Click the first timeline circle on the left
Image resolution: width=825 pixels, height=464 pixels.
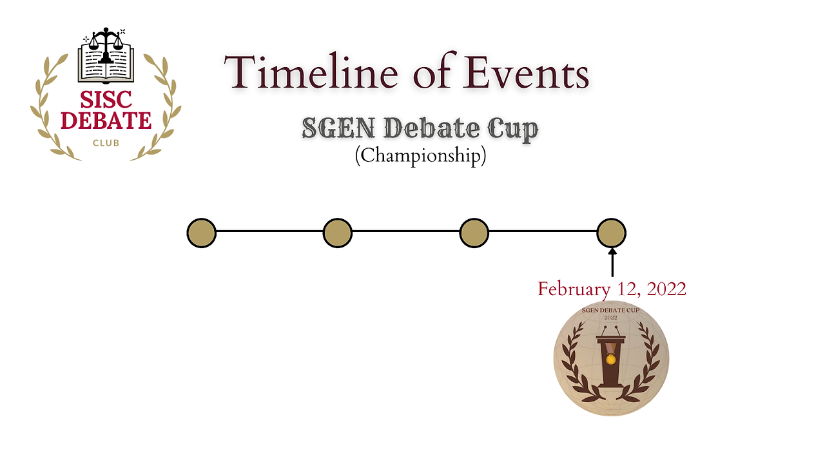pos(202,233)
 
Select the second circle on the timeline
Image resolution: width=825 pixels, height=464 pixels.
pos(338,233)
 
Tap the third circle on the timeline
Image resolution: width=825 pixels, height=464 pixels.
pos(474,233)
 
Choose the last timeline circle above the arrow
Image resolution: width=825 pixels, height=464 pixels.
pos(612,233)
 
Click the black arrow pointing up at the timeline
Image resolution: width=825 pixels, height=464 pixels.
pos(612,262)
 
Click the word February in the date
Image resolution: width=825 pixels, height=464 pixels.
pos(574,289)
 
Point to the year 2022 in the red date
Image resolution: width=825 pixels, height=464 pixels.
pos(666,289)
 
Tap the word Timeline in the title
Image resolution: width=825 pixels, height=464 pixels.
pos(311,72)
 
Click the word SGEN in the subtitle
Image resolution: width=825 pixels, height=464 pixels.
pos(338,128)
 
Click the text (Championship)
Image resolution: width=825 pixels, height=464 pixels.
pos(421,155)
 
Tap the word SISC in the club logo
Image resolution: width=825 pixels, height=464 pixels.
pos(106,99)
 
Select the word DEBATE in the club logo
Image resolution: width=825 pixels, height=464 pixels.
pos(106,120)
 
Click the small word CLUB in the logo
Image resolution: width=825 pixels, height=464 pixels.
pos(106,143)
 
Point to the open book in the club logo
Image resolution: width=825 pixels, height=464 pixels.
pos(106,63)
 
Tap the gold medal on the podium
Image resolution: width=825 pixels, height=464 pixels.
pos(610,359)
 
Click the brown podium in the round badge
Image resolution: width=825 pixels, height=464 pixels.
pos(610,357)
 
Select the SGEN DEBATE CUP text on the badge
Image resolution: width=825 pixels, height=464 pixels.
pos(610,310)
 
